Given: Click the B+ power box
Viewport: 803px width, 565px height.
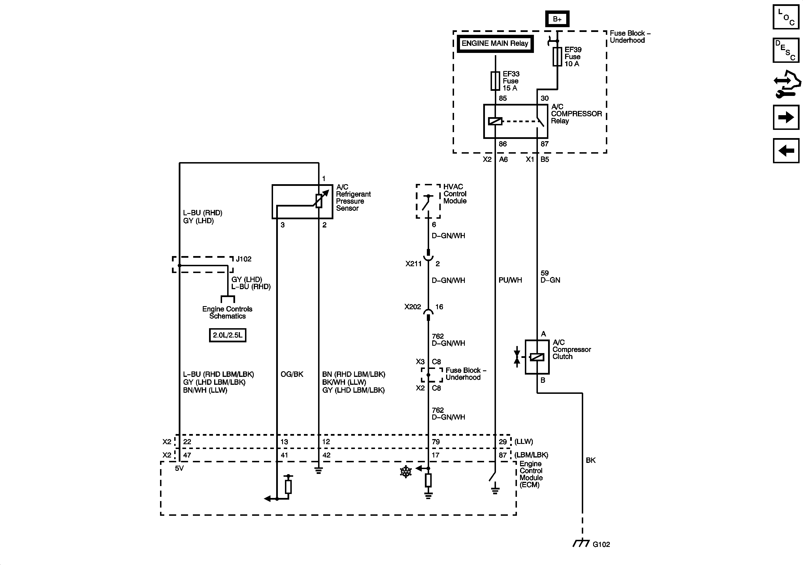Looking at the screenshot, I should coord(557,19).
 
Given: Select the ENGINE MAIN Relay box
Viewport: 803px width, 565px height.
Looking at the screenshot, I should coord(495,44).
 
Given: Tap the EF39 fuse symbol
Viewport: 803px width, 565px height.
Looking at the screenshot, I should coord(557,57).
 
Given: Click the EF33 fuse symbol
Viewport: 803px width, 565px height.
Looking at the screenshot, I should coord(495,81).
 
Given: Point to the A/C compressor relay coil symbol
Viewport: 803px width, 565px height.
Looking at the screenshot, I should coord(495,121).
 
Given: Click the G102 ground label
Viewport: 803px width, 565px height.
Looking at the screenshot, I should coord(601,544).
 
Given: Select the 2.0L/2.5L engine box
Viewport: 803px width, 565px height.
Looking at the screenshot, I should coord(227,335).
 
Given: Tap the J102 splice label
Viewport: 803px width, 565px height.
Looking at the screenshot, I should coord(244,259).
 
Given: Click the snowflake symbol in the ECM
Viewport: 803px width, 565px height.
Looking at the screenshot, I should coord(406,472).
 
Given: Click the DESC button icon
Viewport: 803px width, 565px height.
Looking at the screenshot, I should coord(786,50).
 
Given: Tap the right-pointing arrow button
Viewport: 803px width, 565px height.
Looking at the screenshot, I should coord(786,117).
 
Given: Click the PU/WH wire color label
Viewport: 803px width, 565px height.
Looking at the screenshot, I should coord(510,280).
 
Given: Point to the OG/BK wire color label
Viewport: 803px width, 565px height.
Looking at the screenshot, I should coord(292,374).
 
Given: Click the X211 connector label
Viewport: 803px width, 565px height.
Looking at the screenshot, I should coord(413,264).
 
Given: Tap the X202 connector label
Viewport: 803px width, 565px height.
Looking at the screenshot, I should coord(413,307).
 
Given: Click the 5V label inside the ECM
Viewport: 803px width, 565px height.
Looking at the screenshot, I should coord(179,468).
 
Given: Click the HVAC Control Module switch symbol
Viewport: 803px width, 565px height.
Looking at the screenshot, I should coord(428,202).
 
